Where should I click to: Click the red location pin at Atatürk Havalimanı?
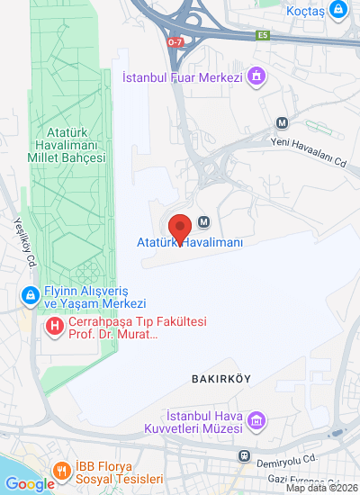(180, 227)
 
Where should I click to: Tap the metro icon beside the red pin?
(203, 222)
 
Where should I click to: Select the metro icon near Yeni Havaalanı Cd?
(283, 123)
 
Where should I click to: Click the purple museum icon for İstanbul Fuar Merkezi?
(258, 76)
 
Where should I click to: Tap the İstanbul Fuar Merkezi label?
(195, 76)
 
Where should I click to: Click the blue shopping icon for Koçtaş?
(337, 10)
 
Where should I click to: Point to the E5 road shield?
(263, 35)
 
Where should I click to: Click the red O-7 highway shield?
(176, 40)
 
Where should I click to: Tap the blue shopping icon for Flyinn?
(30, 294)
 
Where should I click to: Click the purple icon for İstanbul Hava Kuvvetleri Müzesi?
(257, 420)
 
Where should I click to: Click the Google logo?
(30, 484)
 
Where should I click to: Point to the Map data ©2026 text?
(321, 489)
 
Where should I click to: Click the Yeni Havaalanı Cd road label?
(309, 140)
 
